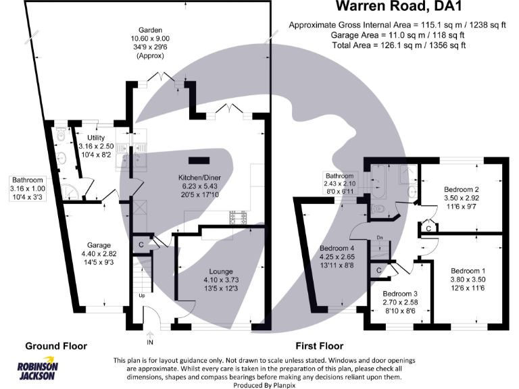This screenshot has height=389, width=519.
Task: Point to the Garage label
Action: tap(99, 246)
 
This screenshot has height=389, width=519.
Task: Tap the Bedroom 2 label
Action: tap(462, 190)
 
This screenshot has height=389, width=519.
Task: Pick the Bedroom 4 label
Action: tap(336, 248)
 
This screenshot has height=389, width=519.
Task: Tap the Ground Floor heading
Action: tap(56, 346)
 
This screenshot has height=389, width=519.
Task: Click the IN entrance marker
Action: tap(149, 333)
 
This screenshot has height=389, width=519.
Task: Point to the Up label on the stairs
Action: tap(141, 296)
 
